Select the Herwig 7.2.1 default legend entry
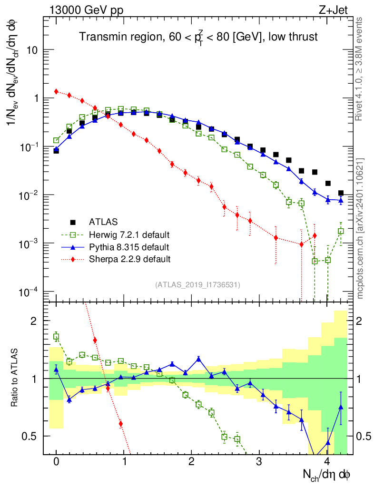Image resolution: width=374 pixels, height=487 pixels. pyautogui.click(x=129, y=235)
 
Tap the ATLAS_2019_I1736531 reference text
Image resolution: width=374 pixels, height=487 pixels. pyautogui.click(x=197, y=285)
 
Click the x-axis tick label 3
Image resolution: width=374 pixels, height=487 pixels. pyautogui.click(x=259, y=462)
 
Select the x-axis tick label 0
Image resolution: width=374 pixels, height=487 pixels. pyautogui.click(x=56, y=462)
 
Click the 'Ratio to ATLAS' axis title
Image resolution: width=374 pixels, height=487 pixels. pyautogui.click(x=15, y=378)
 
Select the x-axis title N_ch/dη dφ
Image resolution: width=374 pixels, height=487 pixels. pyautogui.click(x=327, y=474)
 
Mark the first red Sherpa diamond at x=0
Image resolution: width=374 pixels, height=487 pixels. pyautogui.click(x=56, y=91)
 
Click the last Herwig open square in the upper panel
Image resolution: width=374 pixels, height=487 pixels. pyautogui.click(x=341, y=231)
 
